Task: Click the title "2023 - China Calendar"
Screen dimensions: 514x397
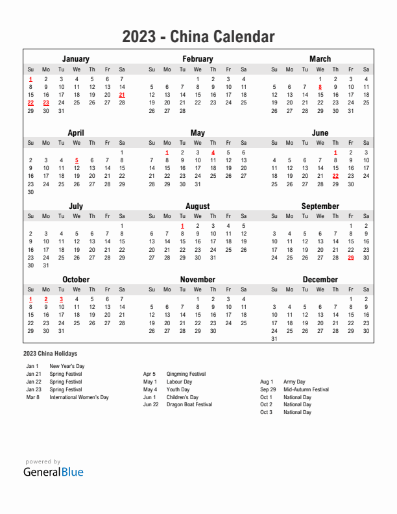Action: (198, 37)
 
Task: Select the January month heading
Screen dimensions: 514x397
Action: (76, 59)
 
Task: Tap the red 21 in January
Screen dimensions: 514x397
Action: (122, 95)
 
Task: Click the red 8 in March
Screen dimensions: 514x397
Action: (320, 87)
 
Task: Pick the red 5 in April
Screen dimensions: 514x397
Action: (77, 160)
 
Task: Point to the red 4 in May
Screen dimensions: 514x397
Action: (213, 153)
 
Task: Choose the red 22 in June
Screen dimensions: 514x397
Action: (335, 176)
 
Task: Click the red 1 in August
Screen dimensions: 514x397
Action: (182, 226)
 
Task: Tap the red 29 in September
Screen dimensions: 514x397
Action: (351, 258)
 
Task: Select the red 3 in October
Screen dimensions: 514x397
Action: (61, 299)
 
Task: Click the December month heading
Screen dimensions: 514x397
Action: (320, 280)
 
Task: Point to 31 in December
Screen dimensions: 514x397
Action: (274, 339)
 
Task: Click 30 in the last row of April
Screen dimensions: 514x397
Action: (30, 192)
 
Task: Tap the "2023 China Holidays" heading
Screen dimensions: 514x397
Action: (50, 354)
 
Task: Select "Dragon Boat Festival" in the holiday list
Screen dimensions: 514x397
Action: (189, 405)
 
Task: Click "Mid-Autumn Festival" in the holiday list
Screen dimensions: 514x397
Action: (306, 389)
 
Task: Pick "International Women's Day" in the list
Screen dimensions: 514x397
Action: (79, 397)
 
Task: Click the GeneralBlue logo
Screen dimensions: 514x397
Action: (54, 472)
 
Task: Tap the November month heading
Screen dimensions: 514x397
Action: (198, 280)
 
